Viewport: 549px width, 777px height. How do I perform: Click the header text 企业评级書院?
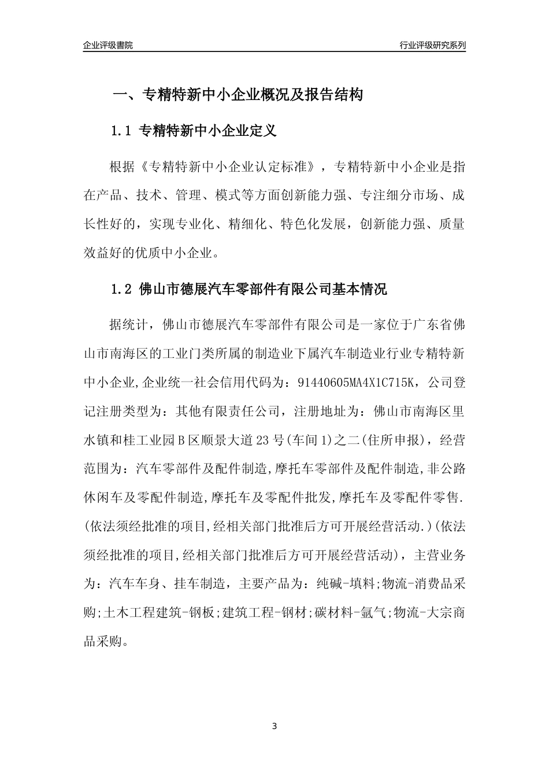click(x=108, y=45)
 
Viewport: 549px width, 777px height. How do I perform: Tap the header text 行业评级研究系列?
click(x=432, y=45)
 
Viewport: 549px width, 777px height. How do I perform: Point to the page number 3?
click(x=274, y=726)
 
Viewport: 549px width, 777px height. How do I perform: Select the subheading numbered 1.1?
click(x=194, y=131)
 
